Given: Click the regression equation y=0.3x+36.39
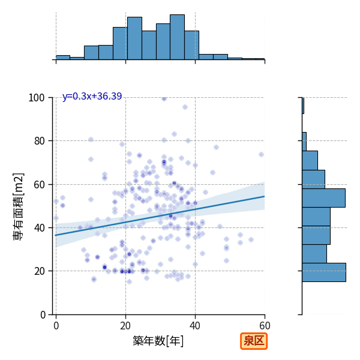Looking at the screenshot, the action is pos(92,96).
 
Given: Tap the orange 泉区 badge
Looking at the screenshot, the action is pos(254,341).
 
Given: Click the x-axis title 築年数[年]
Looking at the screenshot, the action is pos(158,341).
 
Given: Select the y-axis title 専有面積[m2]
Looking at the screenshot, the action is pos(19,206).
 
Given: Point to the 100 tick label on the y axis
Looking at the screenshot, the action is pos(36,98).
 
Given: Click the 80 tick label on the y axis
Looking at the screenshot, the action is pos(39,141).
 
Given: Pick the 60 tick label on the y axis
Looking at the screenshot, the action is pos(39,185).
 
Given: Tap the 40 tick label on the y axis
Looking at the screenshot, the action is pos(39,228).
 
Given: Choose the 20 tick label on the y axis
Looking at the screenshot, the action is pos(39,271).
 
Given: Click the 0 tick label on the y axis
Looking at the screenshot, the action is pos(43,315).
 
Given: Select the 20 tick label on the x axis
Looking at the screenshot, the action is pos(125,326).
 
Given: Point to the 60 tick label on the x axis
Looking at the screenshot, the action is pos(265,326).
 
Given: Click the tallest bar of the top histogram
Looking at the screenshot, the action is pos(177,37).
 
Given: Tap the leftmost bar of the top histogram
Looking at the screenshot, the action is pos(63,58).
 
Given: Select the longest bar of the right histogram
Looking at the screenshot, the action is pos(324,272).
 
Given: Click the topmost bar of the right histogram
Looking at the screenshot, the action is pos(303,106).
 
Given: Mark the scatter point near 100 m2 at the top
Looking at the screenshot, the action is pos(164,99).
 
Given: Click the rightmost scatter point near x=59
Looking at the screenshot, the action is pos(261,155).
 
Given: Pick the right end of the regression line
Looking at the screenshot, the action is pos(265,196).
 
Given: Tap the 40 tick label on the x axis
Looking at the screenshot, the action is pos(195,326).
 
